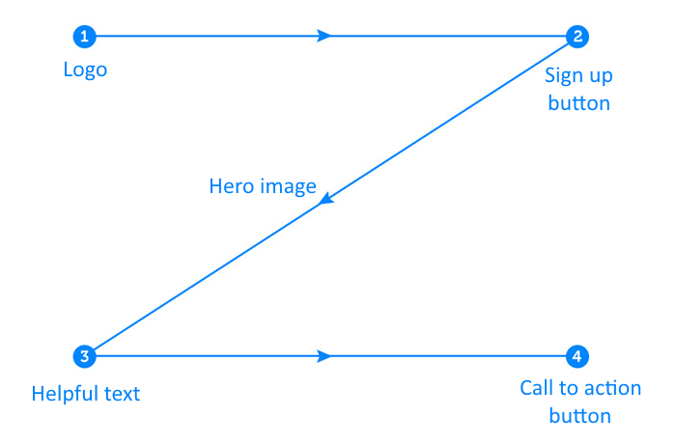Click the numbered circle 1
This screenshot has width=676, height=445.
[x=85, y=36]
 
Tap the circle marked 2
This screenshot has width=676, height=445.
[x=577, y=36]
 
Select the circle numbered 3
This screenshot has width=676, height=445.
[x=85, y=356]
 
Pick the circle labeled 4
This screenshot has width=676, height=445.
[x=577, y=356]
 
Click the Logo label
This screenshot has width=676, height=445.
[x=85, y=70]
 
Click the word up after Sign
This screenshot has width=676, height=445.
[x=600, y=77]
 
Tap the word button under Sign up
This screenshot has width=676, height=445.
[x=579, y=103]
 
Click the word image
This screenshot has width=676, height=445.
[x=289, y=187]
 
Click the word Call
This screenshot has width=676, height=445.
[x=537, y=388]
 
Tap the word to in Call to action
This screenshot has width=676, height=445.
[x=569, y=389]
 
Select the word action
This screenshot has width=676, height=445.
[x=612, y=389]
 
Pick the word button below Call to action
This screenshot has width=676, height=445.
[x=579, y=416]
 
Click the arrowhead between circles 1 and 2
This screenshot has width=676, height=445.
[x=324, y=36]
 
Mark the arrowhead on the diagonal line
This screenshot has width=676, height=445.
[x=326, y=198]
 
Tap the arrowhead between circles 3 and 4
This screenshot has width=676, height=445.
[x=324, y=356]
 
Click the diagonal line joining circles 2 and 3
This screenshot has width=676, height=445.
[x=331, y=197]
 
